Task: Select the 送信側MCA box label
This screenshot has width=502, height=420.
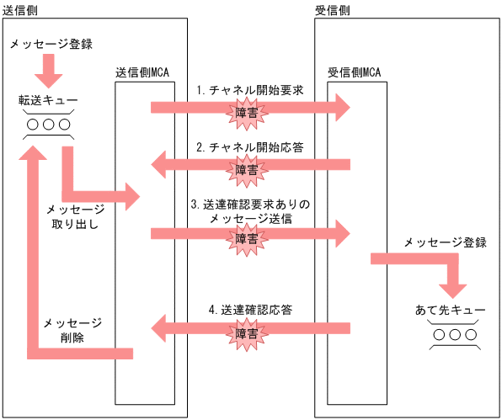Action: tap(142, 72)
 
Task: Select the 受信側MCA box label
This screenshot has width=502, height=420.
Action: tap(355, 72)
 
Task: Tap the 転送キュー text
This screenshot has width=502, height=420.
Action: tap(48, 101)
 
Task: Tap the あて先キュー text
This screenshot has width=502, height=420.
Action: tap(451, 311)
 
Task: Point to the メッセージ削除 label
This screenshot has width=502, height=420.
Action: tap(73, 330)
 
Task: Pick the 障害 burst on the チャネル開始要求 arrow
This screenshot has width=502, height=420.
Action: tap(247, 109)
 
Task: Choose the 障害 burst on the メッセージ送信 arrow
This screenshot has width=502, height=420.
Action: tap(247, 237)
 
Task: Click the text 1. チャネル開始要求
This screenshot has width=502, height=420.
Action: tap(248, 89)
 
